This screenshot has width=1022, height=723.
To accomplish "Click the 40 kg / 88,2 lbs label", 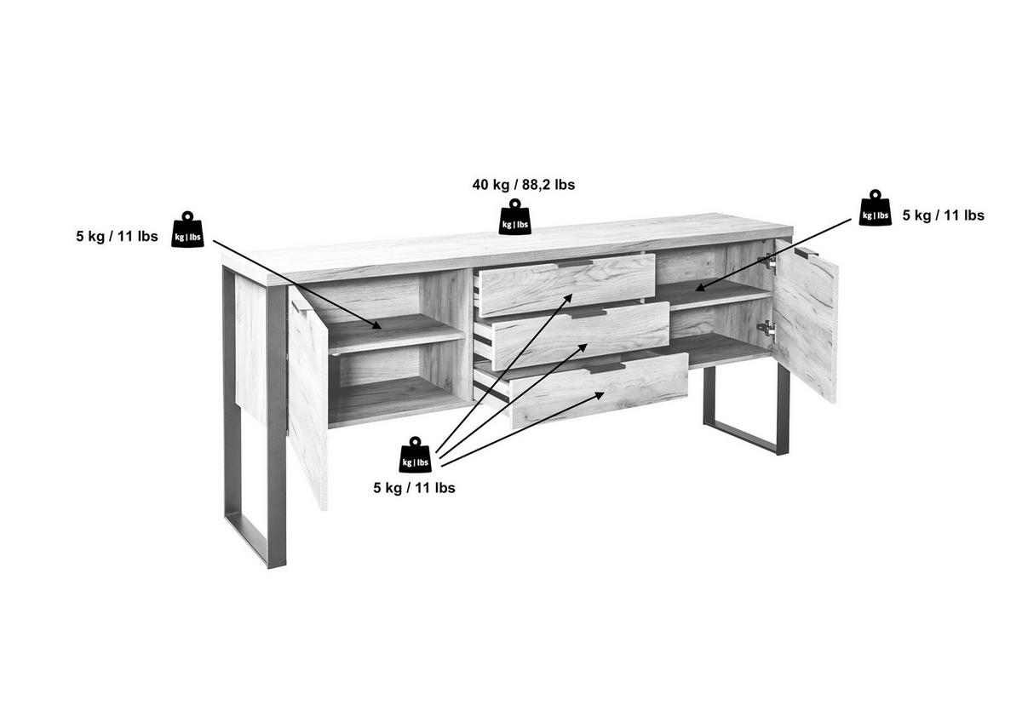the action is pyautogui.click(x=523, y=185).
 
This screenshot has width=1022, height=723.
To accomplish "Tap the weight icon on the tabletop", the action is pyautogui.click(x=514, y=217).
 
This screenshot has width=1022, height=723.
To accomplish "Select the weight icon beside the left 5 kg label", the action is pyautogui.click(x=187, y=229).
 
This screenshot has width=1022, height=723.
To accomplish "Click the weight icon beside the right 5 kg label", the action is pyautogui.click(x=876, y=208).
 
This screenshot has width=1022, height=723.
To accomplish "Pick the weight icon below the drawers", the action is pyautogui.click(x=415, y=455).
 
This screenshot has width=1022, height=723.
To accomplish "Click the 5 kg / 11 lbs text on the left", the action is pyautogui.click(x=117, y=236).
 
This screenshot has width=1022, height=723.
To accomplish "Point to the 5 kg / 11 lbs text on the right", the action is pyautogui.click(x=943, y=215).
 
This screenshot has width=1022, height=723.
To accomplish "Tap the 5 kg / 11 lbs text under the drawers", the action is pyautogui.click(x=414, y=488).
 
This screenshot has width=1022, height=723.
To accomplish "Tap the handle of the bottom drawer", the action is pyautogui.click(x=607, y=368).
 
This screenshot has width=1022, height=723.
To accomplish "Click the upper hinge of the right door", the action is pyautogui.click(x=768, y=264).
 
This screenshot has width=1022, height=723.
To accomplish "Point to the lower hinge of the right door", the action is pyautogui.click(x=767, y=329).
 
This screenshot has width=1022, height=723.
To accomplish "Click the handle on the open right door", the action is pyautogui.click(x=806, y=252).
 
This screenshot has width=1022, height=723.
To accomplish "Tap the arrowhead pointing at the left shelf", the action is pyautogui.click(x=376, y=324).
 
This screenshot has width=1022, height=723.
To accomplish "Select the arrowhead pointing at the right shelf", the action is pyautogui.click(x=701, y=287).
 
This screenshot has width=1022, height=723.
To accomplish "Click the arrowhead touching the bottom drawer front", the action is pyautogui.click(x=599, y=395).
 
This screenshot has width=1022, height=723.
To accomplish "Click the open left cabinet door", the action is pyautogui.click(x=308, y=398).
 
